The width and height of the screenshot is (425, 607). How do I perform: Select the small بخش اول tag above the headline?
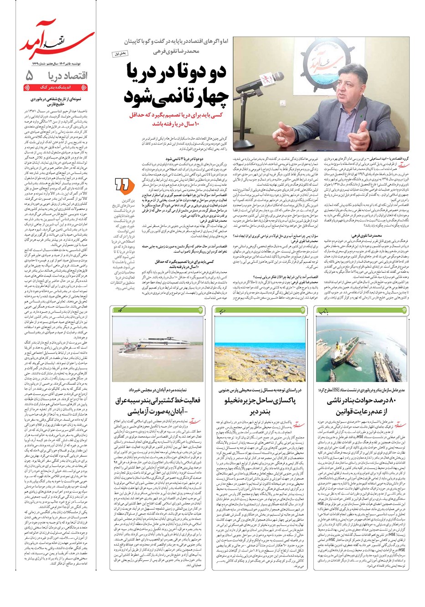tap(121, 54)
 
